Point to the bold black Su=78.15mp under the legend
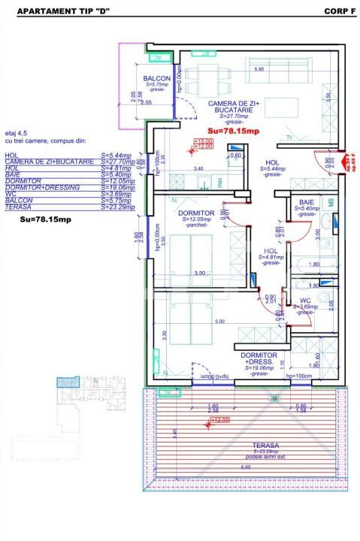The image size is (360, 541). (46, 219)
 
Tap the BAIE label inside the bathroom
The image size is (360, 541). (305, 202)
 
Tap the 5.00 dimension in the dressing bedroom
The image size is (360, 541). (218, 322)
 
